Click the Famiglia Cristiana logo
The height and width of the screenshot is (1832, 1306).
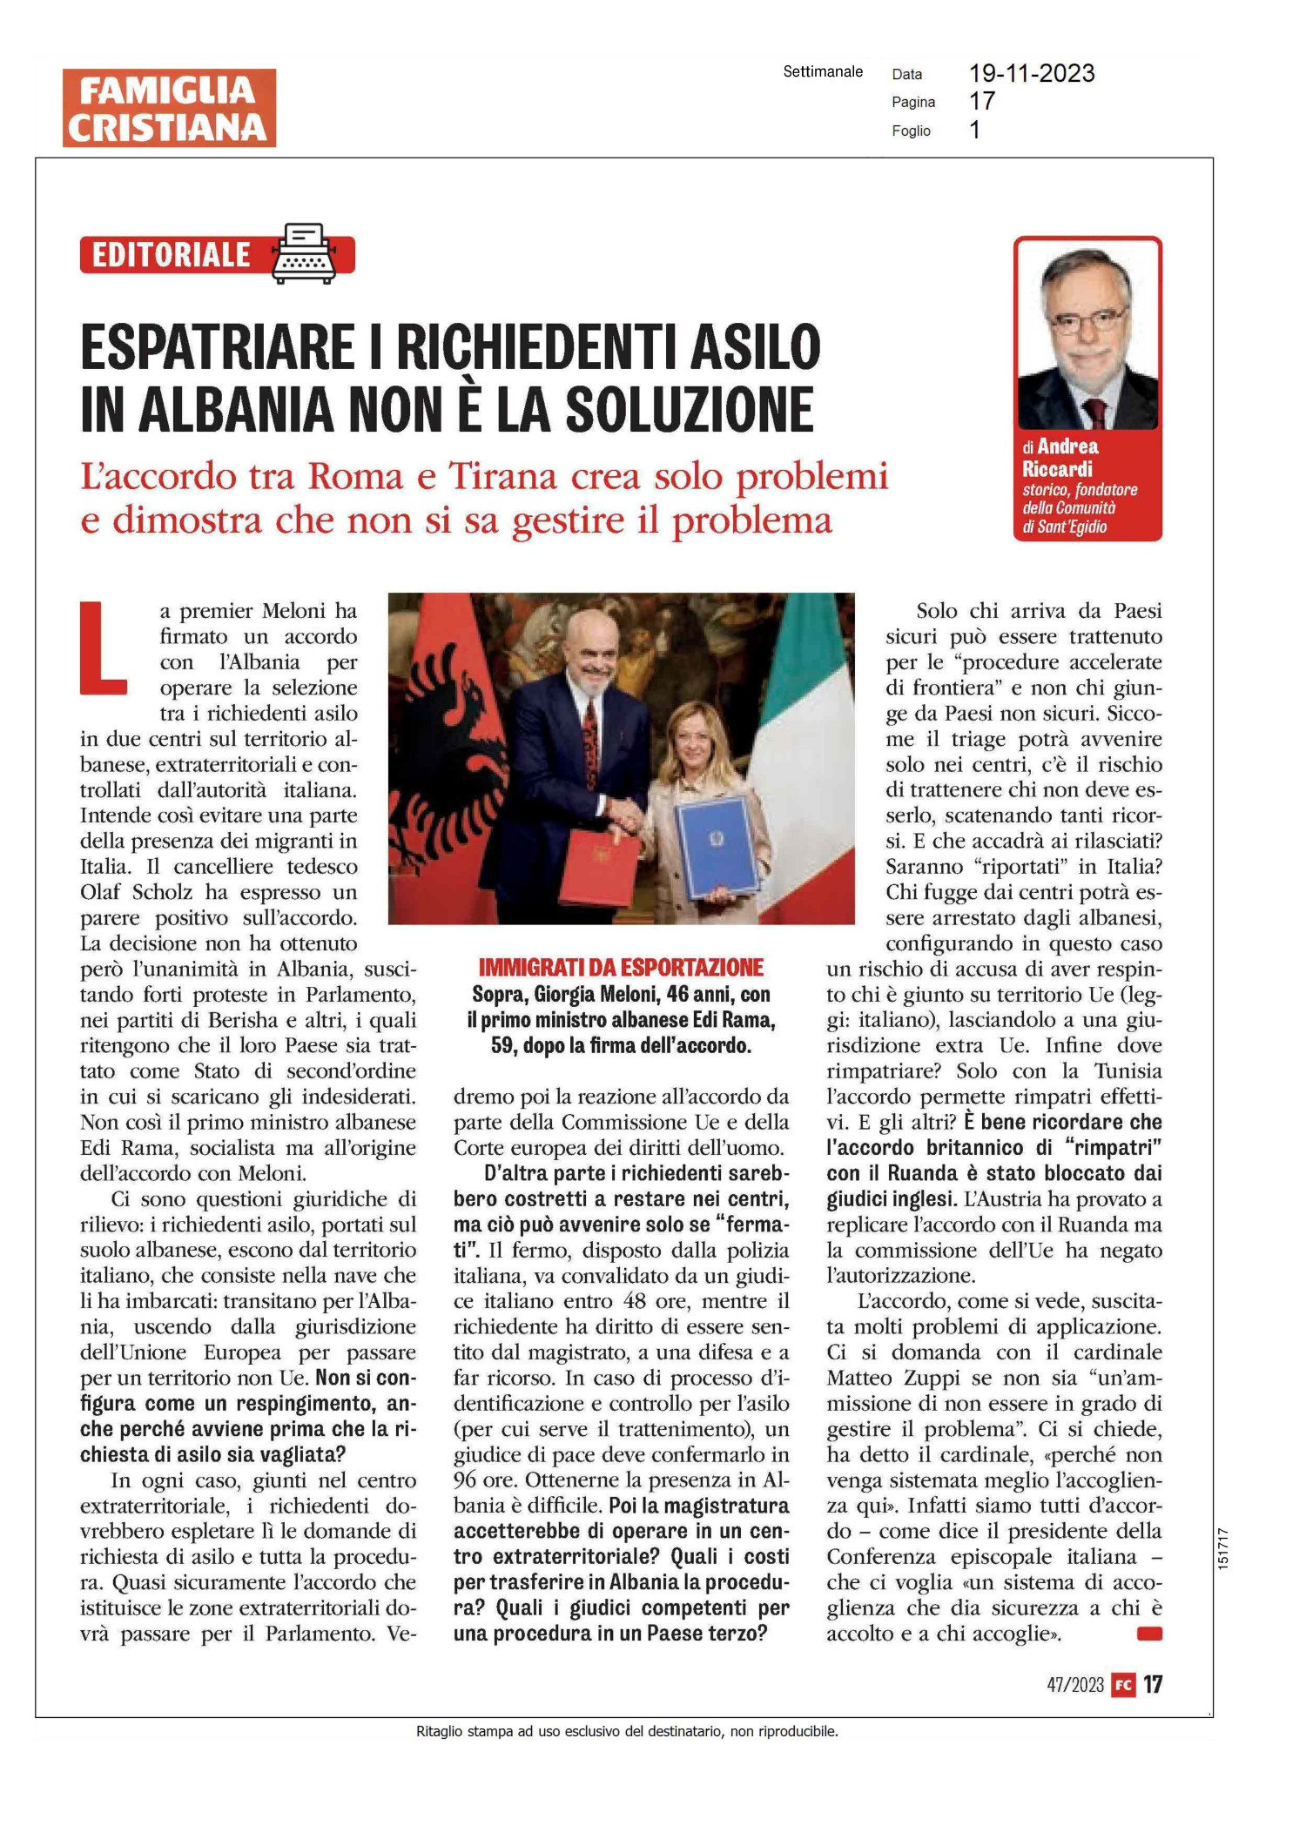[x=169, y=108]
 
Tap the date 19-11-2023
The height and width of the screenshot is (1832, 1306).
[x=1032, y=74]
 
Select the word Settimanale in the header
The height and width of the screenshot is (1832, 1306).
[x=823, y=71]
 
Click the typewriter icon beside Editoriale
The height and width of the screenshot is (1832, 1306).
[x=304, y=253]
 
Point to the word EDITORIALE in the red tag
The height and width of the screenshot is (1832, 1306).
[x=172, y=255]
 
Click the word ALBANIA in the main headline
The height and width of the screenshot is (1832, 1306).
[x=236, y=410]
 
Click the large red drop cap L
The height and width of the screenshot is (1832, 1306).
[x=103, y=648]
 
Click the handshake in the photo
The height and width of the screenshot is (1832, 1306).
[x=626, y=814]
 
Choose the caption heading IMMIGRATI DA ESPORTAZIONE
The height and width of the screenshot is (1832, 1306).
[x=621, y=967]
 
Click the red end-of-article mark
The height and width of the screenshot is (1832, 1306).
[x=1149, y=1634]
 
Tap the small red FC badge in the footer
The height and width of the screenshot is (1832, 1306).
[x=1124, y=1685]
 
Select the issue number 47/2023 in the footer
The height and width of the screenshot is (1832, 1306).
[x=1075, y=1685]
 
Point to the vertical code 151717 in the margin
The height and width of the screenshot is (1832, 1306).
[x=1223, y=1548]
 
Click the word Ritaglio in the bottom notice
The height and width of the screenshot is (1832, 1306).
[x=439, y=1731]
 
